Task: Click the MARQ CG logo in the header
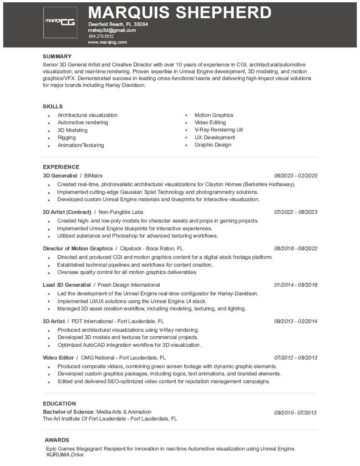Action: click(60, 22)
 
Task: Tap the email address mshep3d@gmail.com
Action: click(112, 30)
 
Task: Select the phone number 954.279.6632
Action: click(101, 36)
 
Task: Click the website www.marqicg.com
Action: click(107, 42)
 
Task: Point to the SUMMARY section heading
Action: click(57, 56)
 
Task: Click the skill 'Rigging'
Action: click(66, 137)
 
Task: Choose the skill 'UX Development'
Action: click(215, 137)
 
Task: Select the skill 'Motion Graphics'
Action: click(214, 115)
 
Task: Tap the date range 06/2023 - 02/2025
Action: click(295, 176)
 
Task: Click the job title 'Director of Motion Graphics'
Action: click(78, 248)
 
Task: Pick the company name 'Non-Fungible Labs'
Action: click(121, 212)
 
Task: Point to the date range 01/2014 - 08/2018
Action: click(295, 285)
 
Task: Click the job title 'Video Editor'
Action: click(58, 358)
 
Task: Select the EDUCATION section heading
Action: click(59, 404)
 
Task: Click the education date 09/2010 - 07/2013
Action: click(295, 413)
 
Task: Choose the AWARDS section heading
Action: click(57, 440)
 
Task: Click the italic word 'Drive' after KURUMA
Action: click(77, 455)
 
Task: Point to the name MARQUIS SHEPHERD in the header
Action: click(179, 12)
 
